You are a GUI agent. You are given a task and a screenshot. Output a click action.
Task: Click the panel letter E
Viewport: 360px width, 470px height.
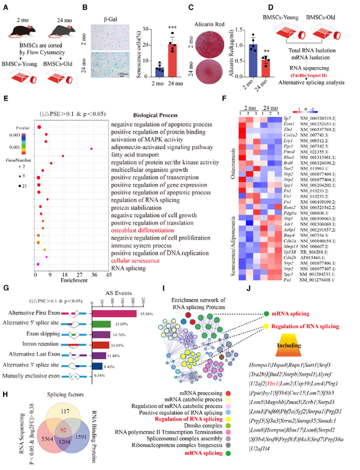(x=5, y=97)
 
